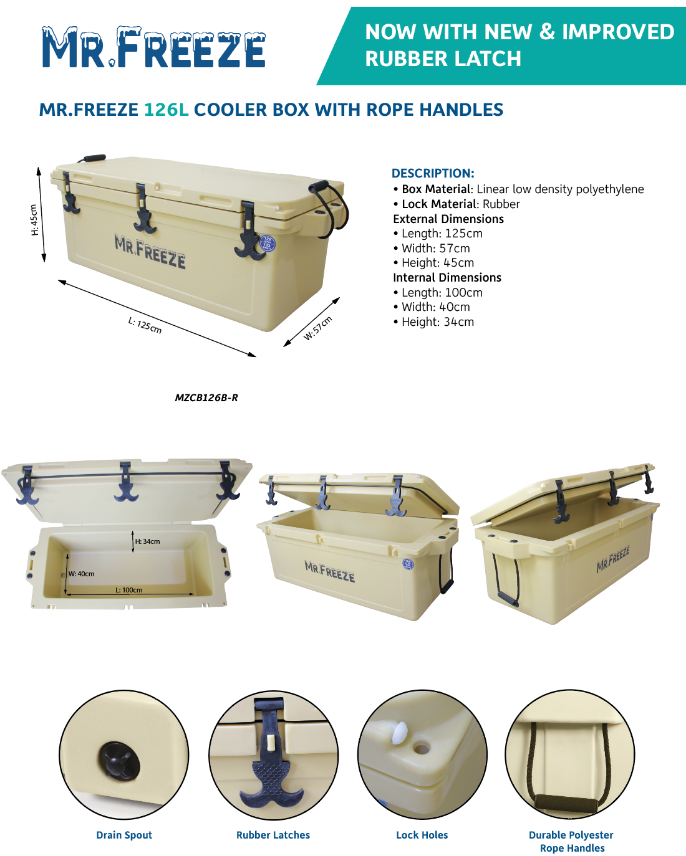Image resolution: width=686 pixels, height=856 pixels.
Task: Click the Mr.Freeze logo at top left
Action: (153, 47)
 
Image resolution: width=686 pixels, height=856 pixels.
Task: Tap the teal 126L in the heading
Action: (167, 110)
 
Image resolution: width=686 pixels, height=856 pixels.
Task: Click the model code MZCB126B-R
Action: (206, 397)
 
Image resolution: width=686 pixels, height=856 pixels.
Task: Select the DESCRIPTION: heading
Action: (433, 173)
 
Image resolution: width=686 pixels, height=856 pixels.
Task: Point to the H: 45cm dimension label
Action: (34, 220)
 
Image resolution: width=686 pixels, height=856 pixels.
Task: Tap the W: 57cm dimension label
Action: (317, 328)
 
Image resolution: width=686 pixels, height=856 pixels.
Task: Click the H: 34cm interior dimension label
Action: (147, 541)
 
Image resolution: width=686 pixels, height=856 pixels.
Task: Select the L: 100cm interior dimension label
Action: (129, 590)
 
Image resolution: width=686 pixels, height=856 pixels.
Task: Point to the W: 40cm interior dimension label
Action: (81, 574)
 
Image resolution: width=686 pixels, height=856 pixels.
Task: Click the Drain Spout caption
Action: (124, 835)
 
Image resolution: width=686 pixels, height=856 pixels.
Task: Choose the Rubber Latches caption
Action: (273, 835)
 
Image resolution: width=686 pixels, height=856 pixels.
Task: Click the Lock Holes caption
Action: (422, 835)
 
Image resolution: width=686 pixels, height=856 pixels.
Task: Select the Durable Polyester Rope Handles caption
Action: (571, 841)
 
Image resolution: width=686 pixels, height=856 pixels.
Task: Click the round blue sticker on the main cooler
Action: (267, 244)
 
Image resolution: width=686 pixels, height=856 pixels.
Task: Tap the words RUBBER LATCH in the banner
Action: (443, 59)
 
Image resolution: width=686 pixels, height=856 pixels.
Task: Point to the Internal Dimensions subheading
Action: (447, 277)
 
